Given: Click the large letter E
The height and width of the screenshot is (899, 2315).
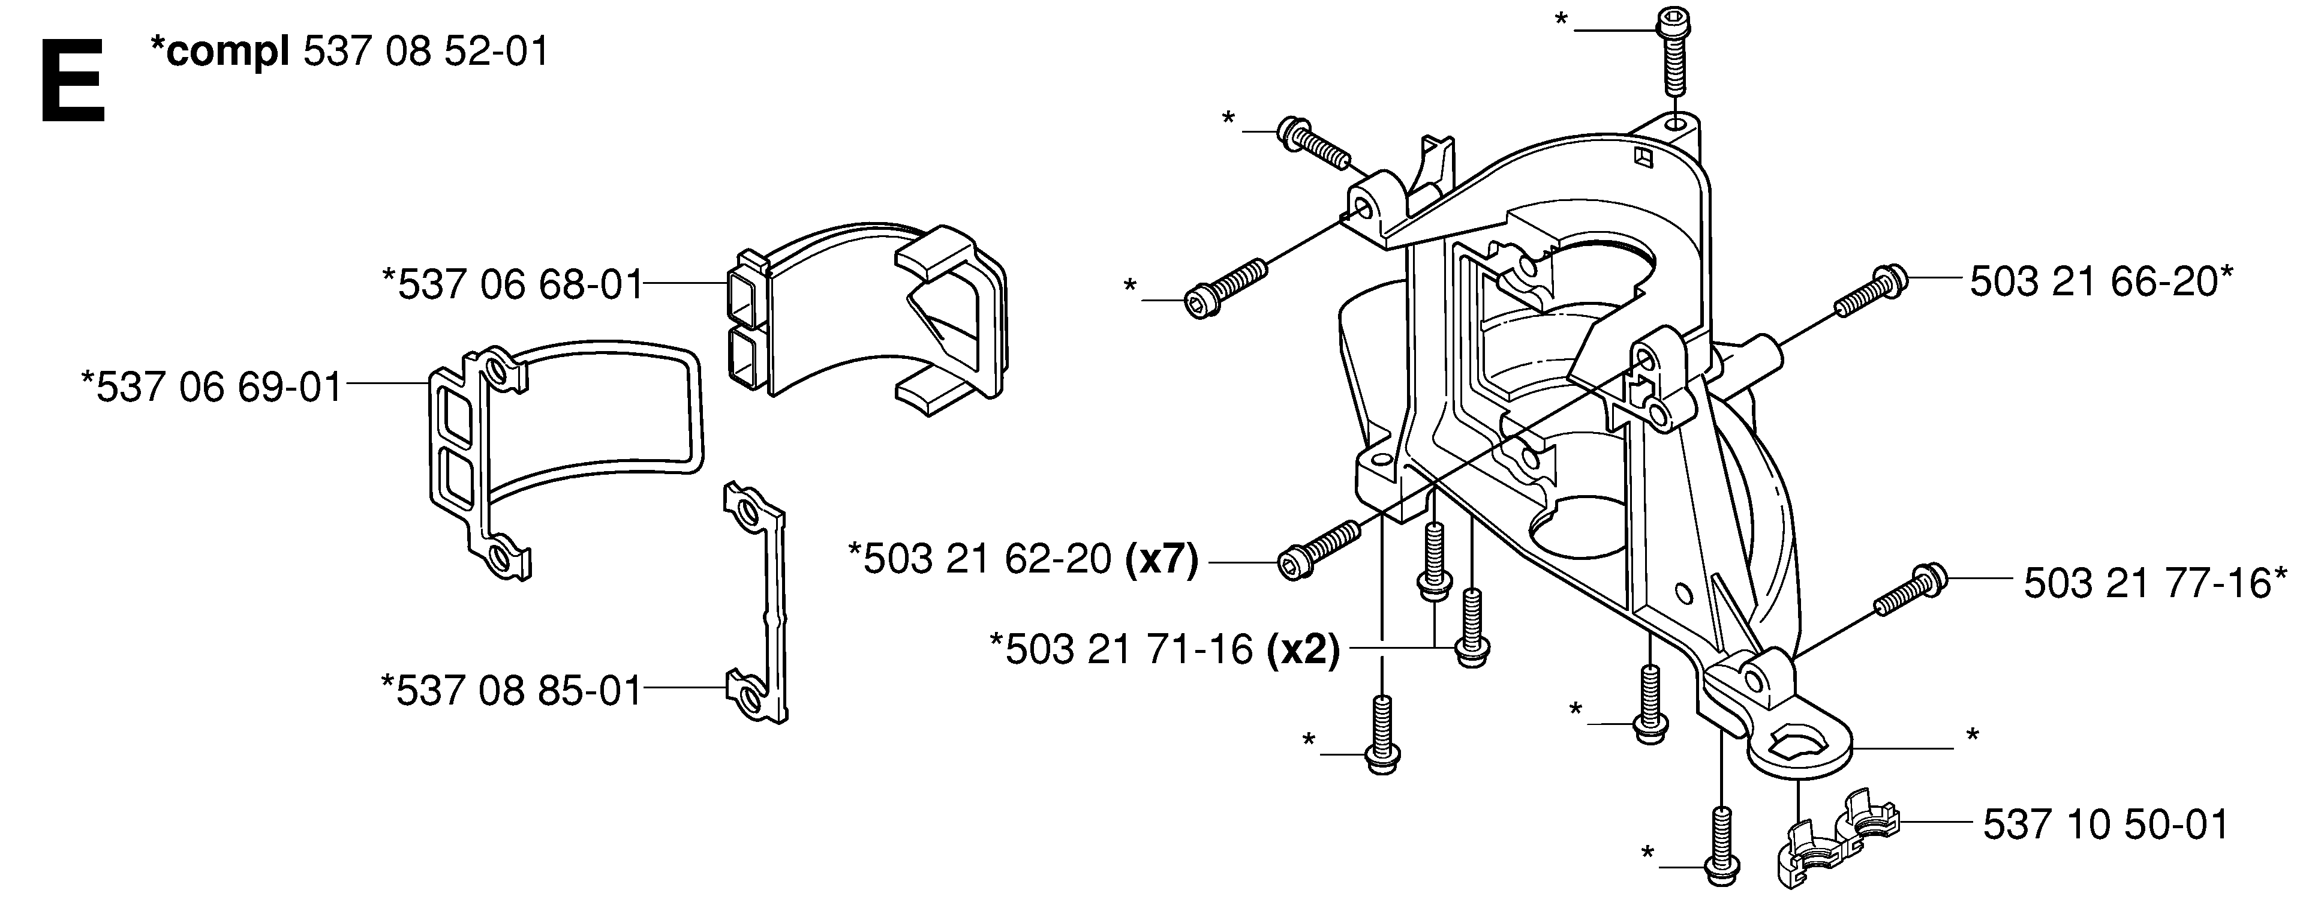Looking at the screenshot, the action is (x=73, y=82).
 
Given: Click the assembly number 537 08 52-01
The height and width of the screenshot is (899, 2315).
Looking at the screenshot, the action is (x=426, y=52).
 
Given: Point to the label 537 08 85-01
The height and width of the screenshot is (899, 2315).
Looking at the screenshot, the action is (x=512, y=690).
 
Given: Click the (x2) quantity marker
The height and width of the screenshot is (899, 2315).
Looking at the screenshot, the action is (x=1302, y=649).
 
